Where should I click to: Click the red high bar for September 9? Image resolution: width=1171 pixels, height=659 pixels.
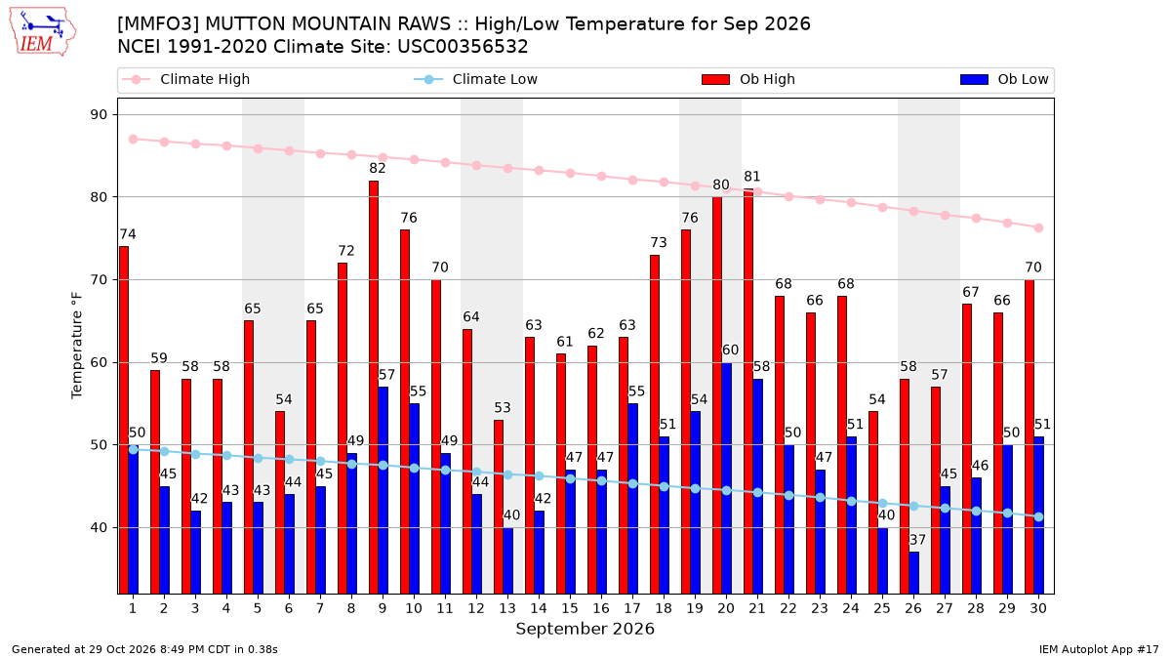pos(374,388)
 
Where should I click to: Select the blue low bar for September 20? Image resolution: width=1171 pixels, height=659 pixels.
pos(727,478)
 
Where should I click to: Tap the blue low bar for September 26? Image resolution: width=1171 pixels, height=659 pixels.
pos(913,573)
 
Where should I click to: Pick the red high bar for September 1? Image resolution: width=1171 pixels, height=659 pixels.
pos(124,421)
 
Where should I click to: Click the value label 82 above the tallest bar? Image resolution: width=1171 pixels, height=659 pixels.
pos(378,168)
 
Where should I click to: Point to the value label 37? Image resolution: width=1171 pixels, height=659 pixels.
pos(917,540)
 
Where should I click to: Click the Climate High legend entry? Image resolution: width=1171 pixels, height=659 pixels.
pos(186,79)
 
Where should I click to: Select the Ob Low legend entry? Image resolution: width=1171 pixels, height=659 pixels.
pos(1004,79)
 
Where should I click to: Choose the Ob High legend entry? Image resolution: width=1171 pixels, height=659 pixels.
pos(748,79)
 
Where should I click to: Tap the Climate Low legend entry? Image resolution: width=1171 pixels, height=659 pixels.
pos(476,79)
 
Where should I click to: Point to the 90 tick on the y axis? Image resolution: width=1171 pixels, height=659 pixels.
pos(99,115)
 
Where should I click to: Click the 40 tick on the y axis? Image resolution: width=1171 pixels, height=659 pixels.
pos(99,528)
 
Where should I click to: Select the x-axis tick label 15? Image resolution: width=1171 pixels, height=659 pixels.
pos(570,609)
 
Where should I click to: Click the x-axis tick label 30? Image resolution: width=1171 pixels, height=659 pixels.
pos(1038,609)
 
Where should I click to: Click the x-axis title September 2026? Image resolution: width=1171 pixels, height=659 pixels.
pos(585,629)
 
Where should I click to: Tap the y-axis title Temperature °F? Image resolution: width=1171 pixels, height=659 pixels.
pos(77,346)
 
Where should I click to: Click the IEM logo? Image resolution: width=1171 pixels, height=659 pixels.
pos(42,32)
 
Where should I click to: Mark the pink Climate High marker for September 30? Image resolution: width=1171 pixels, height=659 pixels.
pos(1038,228)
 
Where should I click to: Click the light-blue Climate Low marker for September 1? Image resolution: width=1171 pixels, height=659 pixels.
pos(134,449)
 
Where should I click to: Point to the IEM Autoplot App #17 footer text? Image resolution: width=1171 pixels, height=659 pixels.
pos(1099,649)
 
